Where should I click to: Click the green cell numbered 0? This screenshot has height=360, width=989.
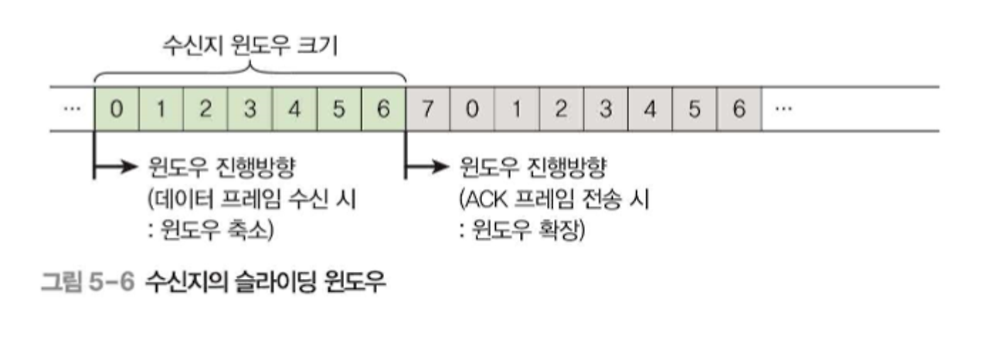click(116, 109)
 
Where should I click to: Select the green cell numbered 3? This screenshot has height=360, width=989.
click(250, 109)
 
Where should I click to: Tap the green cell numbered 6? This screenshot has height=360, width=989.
click(383, 109)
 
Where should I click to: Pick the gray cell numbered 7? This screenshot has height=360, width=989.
click(427, 109)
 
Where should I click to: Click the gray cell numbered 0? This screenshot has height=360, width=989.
click(472, 109)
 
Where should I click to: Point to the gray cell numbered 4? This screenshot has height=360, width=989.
click(650, 109)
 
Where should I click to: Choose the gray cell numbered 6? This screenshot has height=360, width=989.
click(739, 109)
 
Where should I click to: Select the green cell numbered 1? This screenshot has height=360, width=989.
click(161, 109)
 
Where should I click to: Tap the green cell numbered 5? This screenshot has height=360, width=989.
click(338, 109)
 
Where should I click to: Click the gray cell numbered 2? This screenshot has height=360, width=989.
click(561, 109)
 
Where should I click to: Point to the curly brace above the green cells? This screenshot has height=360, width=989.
click(250, 75)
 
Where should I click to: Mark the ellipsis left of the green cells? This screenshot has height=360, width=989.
click(71, 109)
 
